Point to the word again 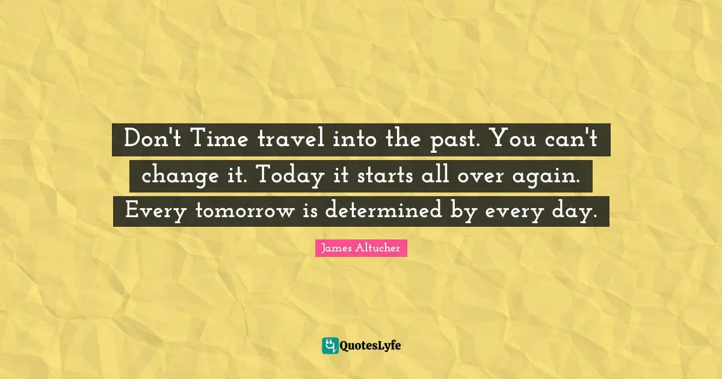tap(554, 177)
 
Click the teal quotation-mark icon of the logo tap(330, 345)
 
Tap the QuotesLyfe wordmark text tap(371, 346)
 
